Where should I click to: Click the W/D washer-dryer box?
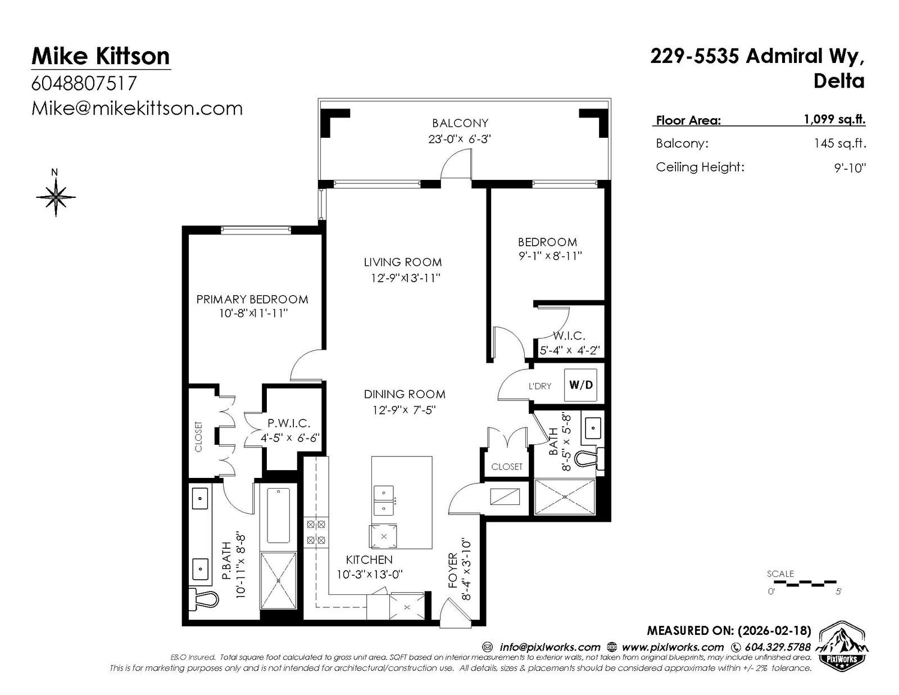click(x=581, y=385)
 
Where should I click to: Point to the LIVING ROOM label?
click(x=403, y=262)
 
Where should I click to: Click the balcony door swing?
click(x=456, y=164)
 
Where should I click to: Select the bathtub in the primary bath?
click(x=278, y=516)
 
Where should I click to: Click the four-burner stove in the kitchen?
click(x=316, y=532)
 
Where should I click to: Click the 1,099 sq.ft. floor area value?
click(x=834, y=119)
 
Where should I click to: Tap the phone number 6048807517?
click(x=84, y=83)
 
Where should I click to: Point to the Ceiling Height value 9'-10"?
click(x=850, y=168)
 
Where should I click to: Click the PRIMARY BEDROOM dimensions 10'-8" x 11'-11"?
click(x=253, y=313)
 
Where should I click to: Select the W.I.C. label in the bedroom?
click(x=569, y=336)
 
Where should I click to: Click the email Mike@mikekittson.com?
click(x=137, y=109)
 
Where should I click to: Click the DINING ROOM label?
click(x=405, y=394)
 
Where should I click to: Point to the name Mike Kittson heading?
click(x=101, y=56)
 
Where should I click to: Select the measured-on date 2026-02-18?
click(x=774, y=630)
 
